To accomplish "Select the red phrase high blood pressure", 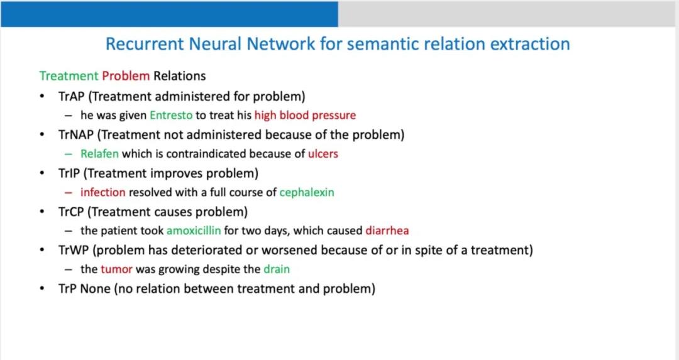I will click(305, 116).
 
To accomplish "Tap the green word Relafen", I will click(99, 154).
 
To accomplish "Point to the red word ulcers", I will click(323, 154).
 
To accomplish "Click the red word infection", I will click(102, 192).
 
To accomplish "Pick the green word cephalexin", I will click(307, 192).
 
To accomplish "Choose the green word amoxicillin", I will click(194, 231).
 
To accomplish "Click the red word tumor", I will click(117, 270).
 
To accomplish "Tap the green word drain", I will click(277, 270).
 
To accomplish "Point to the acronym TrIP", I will click(70, 173).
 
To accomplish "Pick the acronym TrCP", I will click(72, 211).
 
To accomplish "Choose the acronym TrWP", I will click(73, 250).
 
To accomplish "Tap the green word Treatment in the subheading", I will click(69, 76).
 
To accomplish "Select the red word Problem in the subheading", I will click(126, 76).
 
